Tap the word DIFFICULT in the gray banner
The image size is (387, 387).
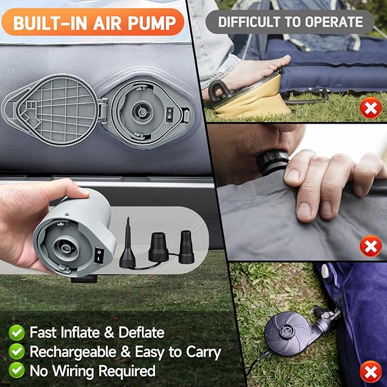[250, 22]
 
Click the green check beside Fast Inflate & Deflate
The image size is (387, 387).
[17, 333]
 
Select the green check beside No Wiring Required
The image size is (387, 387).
[17, 370]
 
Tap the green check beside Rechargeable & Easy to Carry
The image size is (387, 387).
[17, 352]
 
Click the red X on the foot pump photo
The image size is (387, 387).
[370, 108]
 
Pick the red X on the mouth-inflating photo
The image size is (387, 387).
[370, 246]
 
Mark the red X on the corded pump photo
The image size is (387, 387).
[370, 372]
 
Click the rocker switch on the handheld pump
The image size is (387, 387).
[99, 255]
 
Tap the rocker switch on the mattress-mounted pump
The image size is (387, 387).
[169, 114]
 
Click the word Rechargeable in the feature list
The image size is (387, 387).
[73, 352]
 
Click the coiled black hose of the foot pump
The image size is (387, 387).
[217, 90]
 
